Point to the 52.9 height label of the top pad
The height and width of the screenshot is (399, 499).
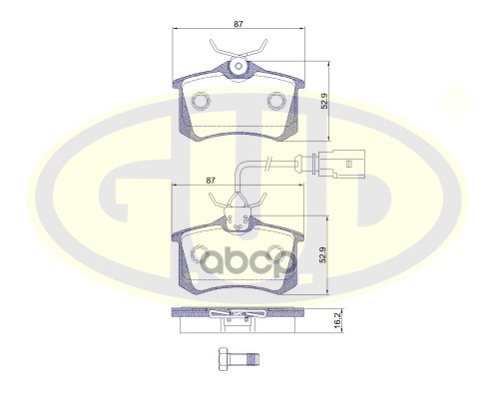click(x=323, y=100)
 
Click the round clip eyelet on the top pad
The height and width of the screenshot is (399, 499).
click(x=240, y=67)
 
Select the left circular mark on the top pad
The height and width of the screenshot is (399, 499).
click(x=203, y=101)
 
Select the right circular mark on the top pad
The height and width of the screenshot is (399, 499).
click(x=278, y=101)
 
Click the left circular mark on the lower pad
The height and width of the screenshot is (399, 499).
click(x=203, y=254)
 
